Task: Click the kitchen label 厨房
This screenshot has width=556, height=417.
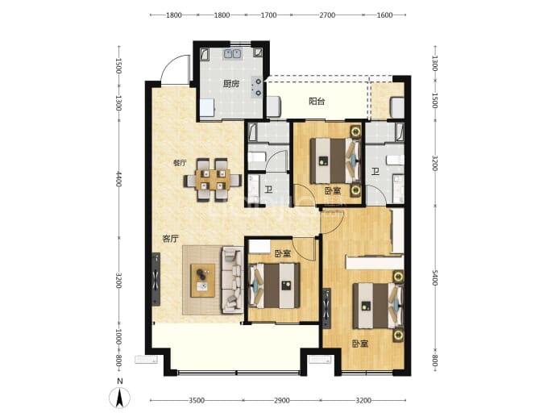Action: point(231,84)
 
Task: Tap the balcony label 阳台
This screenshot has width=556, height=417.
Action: point(317,102)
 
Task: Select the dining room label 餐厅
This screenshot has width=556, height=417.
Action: point(180,163)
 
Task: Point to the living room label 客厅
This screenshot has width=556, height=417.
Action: point(170,239)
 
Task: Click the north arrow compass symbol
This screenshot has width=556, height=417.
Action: point(120,398)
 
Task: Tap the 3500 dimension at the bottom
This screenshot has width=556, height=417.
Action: point(197,400)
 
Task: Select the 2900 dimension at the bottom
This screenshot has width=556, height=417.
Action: point(281,400)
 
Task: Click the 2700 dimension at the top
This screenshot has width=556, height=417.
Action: point(327,15)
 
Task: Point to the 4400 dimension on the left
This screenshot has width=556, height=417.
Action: point(118,179)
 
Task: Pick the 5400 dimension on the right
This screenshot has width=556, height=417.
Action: point(435,277)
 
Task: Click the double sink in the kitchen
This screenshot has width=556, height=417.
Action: point(232,54)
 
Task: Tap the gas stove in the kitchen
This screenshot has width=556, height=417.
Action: point(257,87)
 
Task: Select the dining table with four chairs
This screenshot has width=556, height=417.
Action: point(213,180)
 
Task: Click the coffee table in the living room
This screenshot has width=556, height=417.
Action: point(202,281)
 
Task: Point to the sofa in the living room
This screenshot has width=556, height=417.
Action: point(232,281)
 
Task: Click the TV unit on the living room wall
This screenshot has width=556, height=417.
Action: point(156,279)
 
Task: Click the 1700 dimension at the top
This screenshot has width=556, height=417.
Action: point(268,15)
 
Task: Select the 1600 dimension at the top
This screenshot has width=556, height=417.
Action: point(384,15)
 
